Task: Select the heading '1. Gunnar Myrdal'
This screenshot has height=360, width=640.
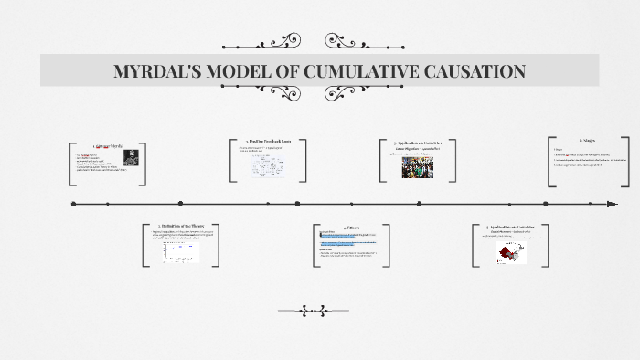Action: [107, 146]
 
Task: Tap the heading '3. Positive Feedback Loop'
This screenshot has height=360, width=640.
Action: [268, 142]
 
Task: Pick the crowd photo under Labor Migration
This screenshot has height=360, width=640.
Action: [417, 166]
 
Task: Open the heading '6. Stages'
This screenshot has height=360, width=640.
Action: [587, 141]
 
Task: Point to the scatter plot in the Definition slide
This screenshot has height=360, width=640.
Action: [181, 249]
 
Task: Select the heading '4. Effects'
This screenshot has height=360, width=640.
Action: [351, 227]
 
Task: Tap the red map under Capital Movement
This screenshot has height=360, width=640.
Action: [511, 251]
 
